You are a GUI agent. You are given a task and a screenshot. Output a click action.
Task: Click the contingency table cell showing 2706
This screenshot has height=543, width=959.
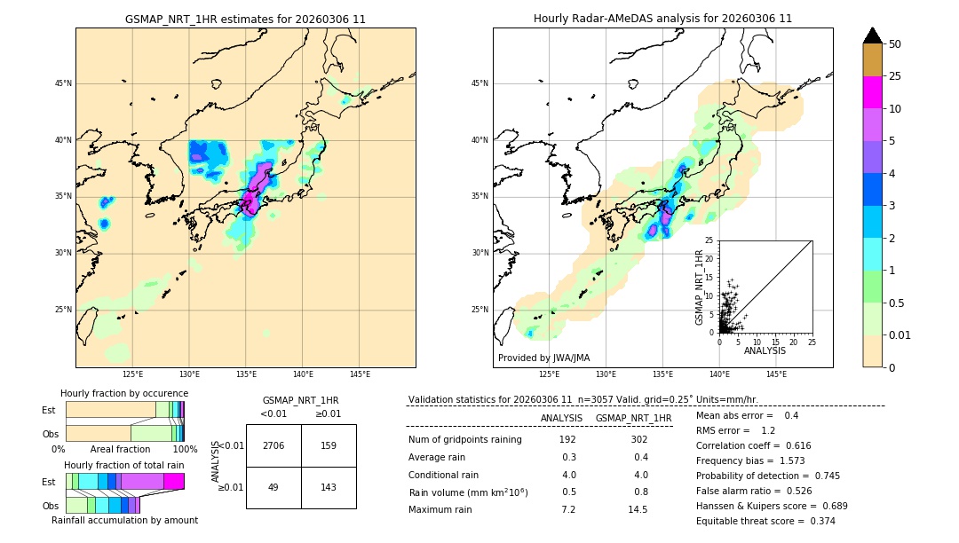pos(273,445)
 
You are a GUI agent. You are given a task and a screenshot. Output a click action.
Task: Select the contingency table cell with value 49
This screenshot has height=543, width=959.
pos(273,488)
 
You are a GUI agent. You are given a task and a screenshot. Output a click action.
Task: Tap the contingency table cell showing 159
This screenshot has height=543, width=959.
pos(329,445)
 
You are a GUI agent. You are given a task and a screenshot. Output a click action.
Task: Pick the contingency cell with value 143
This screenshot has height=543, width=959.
pos(329,488)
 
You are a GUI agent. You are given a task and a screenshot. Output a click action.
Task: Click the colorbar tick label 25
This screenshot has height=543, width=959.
pos(895,76)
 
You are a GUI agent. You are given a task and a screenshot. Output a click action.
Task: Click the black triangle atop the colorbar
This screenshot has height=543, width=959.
pos(873,35)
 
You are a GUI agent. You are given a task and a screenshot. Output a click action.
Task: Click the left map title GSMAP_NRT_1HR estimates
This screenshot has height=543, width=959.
pos(245,19)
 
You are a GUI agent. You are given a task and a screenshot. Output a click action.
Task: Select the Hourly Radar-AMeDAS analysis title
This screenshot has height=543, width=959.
pos(662,19)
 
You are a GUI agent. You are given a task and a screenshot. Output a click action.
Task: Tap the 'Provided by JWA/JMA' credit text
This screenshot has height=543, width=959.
pos(543,358)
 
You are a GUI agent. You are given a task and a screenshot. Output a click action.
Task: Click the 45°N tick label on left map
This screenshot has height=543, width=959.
pos(63,83)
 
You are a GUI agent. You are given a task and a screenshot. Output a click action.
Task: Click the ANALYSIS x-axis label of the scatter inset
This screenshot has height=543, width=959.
pos(765,350)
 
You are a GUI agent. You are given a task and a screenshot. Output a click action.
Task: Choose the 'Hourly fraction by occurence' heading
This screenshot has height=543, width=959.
pos(124,393)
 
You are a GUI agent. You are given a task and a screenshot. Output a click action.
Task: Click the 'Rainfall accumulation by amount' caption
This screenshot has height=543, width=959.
pos(125,520)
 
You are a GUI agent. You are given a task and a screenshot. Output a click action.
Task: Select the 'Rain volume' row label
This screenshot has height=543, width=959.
pos(468,492)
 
